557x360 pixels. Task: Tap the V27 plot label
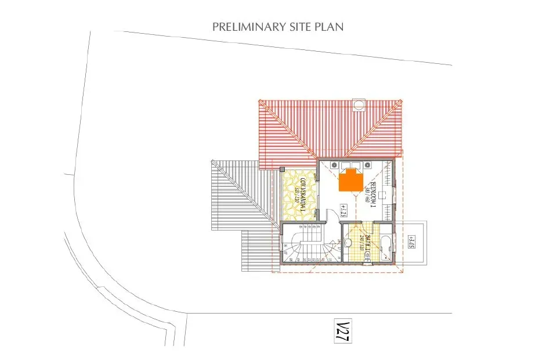pyautogui.click(x=343, y=330)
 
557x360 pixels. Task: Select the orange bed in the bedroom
pyautogui.click(x=351, y=180)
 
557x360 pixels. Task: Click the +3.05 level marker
pyautogui.click(x=411, y=241)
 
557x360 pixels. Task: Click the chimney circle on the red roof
pyautogui.click(x=359, y=105)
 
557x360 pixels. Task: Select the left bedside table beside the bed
pyautogui.click(x=335, y=165)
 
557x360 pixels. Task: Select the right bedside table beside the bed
pyautogui.click(x=368, y=165)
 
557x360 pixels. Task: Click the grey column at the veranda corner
pyautogui.click(x=282, y=169)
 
